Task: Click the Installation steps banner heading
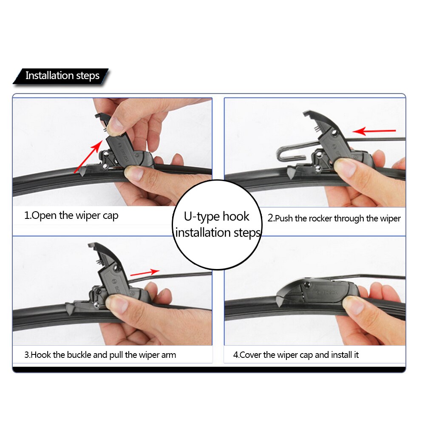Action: [62, 76]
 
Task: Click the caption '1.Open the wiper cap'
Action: [71, 215]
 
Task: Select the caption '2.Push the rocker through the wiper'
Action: [334, 219]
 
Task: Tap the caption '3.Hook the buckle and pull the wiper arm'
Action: [100, 355]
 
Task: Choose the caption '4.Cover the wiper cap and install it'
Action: [296, 355]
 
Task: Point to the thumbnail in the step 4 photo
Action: [353, 305]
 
